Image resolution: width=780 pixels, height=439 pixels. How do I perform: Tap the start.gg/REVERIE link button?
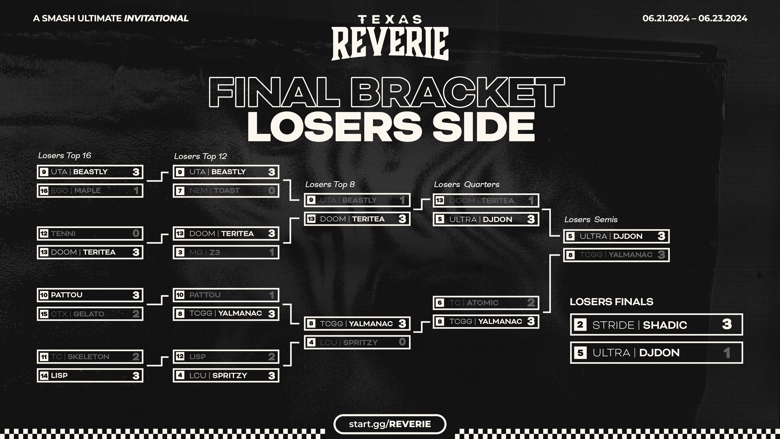pos(390,424)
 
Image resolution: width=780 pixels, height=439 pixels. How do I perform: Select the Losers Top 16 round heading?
pos(65,155)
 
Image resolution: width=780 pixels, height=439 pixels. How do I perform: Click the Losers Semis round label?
pos(591,220)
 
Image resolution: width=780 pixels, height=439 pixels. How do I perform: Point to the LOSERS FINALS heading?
pos(611,302)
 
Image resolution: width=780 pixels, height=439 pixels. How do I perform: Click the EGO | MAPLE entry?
pos(90,191)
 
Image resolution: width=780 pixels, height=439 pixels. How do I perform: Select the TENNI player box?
pos(90,233)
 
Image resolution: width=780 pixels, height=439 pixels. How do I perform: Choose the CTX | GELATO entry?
pos(90,314)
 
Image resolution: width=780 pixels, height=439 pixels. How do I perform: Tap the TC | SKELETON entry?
pos(90,357)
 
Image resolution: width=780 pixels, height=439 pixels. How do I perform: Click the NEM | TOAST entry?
pos(226,191)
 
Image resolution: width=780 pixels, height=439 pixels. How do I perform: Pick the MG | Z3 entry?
pos(226,252)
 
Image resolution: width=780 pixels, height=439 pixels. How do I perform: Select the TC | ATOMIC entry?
pos(486,303)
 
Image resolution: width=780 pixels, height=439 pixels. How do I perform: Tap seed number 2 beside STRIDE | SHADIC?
pos(580,325)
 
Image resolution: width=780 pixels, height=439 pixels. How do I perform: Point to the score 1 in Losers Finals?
pos(727,353)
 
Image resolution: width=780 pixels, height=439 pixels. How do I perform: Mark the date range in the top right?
pos(695,18)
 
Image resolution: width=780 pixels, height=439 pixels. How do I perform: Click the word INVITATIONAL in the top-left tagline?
pos(156,18)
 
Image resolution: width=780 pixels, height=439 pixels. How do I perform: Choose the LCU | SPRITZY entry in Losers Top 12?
pos(226,375)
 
